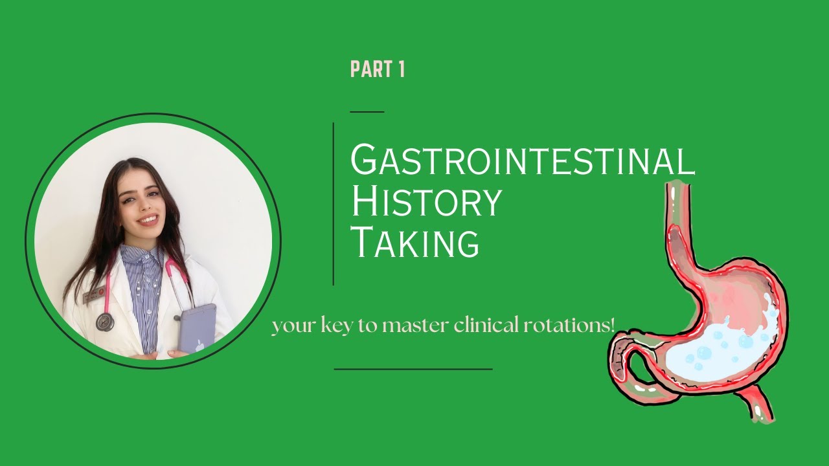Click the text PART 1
[x=377, y=69]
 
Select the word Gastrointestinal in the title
[x=522, y=160]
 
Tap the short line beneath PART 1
[x=367, y=111]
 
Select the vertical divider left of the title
[x=334, y=204]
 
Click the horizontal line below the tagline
[x=413, y=369]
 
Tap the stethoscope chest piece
[x=104, y=321]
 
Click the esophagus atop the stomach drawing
[x=677, y=207]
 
